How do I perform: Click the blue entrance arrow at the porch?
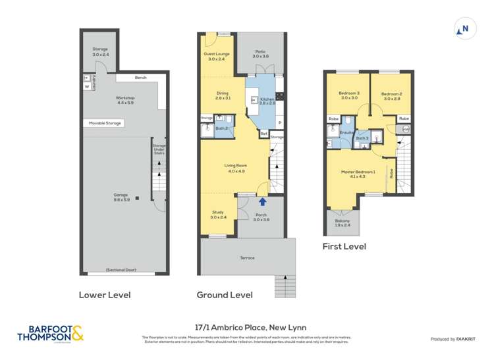pos(262,202)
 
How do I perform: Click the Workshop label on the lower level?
pos(125,100)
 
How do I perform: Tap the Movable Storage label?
pos(104,122)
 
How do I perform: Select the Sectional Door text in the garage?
pos(124,270)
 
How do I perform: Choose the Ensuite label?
pos(347,133)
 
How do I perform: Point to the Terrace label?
pos(247,257)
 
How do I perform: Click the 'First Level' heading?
pos(344,247)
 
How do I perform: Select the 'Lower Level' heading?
pos(104,295)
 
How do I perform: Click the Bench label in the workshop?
pos(140,78)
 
